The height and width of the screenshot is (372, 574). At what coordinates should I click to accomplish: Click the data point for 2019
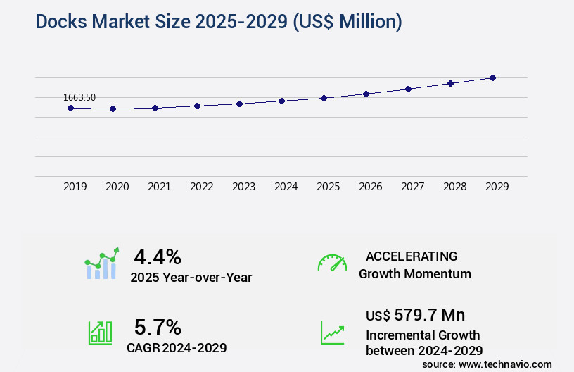click(x=70, y=108)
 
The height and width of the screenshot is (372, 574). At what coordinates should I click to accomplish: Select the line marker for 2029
click(x=492, y=77)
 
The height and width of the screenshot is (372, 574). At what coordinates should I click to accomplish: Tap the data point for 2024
click(x=281, y=101)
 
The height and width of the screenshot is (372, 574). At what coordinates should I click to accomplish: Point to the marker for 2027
click(x=408, y=89)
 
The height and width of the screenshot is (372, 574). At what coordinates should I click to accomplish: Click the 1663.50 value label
click(x=79, y=97)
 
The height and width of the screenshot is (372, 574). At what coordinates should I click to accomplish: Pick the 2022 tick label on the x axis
click(x=202, y=187)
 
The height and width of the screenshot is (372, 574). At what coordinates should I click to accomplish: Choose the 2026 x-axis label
click(x=371, y=187)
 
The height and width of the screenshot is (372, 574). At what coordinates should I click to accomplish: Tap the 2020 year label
click(x=117, y=187)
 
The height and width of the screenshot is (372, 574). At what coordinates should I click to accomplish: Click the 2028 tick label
click(x=455, y=187)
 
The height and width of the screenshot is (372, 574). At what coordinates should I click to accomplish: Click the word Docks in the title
click(x=60, y=22)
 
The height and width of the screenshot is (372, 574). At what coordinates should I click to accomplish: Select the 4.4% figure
click(x=158, y=256)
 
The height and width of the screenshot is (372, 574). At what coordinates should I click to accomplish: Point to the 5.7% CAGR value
click(x=158, y=327)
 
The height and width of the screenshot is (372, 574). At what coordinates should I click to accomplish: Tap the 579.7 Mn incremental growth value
click(x=429, y=314)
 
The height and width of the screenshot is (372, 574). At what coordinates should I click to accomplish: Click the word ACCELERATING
click(x=412, y=256)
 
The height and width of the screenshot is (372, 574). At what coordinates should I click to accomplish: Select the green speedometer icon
click(x=332, y=263)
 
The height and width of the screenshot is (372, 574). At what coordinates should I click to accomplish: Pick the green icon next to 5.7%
click(x=100, y=333)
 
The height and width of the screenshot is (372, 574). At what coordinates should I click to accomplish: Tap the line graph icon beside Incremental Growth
click(x=332, y=333)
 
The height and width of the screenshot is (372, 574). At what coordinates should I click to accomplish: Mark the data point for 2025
click(x=324, y=98)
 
